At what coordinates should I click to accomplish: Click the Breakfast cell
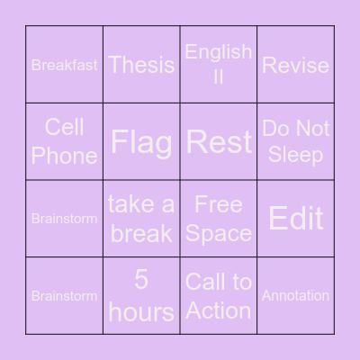[65, 65]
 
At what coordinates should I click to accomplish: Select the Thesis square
[141, 64]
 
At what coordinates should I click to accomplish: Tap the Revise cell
[295, 65]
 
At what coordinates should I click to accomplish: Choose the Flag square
[141, 141]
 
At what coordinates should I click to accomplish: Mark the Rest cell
[219, 141]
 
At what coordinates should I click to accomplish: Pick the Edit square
[295, 219]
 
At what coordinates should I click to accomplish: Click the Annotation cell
[295, 295]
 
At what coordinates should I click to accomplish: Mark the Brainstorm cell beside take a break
[65, 219]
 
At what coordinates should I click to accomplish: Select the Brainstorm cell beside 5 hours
[65, 295]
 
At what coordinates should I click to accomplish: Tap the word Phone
[65, 156]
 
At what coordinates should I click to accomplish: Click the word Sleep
[295, 156]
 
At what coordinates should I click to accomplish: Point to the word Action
[219, 310]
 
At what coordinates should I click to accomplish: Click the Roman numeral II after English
[219, 78]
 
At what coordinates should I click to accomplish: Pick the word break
[141, 234]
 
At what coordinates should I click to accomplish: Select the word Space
[219, 234]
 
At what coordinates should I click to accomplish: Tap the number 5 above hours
[141, 281]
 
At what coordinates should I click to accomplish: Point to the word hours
[141, 311]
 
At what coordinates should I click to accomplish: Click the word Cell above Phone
[65, 127]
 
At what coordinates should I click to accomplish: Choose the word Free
[219, 205]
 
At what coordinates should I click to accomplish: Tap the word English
[219, 51]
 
